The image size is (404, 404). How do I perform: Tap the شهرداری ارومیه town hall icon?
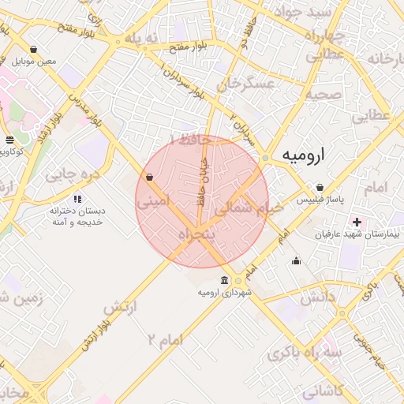pos(226,281)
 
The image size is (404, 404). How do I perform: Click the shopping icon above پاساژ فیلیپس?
pos(320,188)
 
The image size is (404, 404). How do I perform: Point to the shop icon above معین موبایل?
pos(33,49)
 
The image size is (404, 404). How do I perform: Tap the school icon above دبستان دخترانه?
pos(77,199)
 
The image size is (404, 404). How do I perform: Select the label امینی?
pos(152,202)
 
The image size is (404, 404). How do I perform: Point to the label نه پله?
pos(143,39)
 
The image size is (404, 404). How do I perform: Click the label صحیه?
pos(324,95)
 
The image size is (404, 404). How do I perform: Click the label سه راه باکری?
pos(305,354)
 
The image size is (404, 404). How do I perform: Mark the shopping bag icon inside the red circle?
pos(150,177)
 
